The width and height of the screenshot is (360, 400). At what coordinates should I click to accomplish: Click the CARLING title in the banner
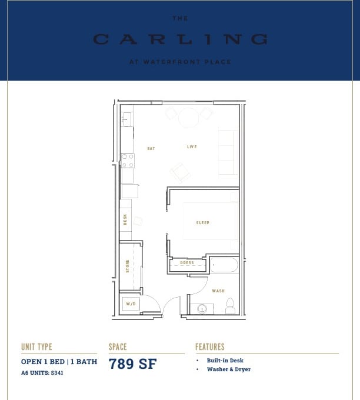click(x=180, y=40)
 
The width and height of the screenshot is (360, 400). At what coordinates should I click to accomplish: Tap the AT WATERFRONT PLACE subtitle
click(x=180, y=62)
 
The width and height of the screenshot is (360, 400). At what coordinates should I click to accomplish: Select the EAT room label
click(x=151, y=148)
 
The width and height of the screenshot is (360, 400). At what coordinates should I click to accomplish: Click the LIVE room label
click(x=192, y=146)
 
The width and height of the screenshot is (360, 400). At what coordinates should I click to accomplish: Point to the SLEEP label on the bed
click(x=203, y=222)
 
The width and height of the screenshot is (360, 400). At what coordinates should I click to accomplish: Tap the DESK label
click(x=125, y=219)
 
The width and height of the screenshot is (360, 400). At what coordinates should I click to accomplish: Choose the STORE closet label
click(x=127, y=266)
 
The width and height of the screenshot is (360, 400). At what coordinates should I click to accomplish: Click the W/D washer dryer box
click(x=131, y=304)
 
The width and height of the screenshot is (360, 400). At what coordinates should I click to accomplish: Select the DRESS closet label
click(x=187, y=263)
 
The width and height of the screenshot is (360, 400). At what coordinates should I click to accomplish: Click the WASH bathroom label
click(x=218, y=291)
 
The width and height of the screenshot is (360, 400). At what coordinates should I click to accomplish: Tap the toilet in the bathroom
click(x=230, y=306)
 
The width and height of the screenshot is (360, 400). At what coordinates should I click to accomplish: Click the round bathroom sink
click(x=202, y=308)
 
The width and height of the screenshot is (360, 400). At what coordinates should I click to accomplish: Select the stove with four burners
click(x=128, y=160)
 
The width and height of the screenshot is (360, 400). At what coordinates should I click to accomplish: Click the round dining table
click(x=189, y=118)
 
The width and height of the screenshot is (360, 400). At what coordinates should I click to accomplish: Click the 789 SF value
click(x=132, y=364)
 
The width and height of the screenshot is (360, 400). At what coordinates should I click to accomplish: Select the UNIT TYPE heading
click(x=36, y=347)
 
